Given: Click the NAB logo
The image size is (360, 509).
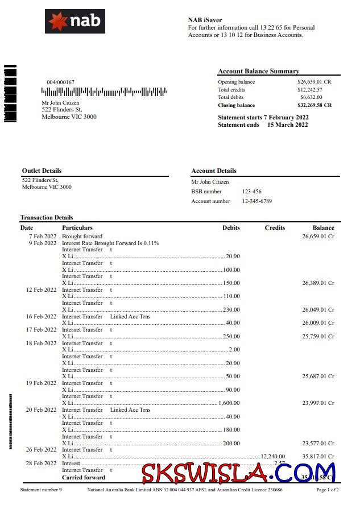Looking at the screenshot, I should (x=75, y=22).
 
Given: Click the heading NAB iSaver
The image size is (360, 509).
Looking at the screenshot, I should (x=205, y=20).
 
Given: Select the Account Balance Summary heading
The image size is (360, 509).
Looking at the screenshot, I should (x=258, y=71).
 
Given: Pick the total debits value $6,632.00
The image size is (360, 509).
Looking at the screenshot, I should (x=311, y=97).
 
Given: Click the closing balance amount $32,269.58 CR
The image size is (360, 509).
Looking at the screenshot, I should (x=314, y=105).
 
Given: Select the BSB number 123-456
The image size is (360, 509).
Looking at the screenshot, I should (x=252, y=192).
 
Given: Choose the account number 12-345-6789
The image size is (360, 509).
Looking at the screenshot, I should (x=257, y=201).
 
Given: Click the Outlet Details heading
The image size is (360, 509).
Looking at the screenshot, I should (x=42, y=171).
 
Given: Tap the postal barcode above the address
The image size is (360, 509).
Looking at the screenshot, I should (x=104, y=91).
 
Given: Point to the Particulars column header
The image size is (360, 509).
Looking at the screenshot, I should (x=77, y=227).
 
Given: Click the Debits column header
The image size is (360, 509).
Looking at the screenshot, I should (x=231, y=227).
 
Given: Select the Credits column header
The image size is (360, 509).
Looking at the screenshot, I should (x=275, y=227).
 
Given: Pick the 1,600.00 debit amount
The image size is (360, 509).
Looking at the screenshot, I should (x=229, y=403).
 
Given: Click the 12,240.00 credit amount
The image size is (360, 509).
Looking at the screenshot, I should (x=272, y=456).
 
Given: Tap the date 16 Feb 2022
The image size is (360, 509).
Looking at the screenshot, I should (x=42, y=316).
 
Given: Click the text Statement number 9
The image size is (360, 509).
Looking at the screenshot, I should (x=41, y=490).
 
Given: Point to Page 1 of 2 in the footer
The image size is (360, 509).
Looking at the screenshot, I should (x=327, y=490).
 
